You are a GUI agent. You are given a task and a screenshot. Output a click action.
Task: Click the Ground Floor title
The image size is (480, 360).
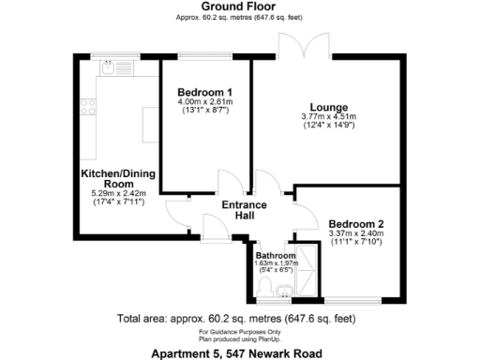coord(239,7)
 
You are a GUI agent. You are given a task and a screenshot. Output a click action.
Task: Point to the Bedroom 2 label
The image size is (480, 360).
coord(355,224)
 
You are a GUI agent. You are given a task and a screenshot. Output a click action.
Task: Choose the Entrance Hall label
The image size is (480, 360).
coord(244,211)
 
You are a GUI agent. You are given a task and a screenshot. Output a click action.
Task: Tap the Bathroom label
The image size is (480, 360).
coord(276,255)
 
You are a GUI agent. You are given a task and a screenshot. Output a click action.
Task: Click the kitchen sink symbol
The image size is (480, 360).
coord(109,67)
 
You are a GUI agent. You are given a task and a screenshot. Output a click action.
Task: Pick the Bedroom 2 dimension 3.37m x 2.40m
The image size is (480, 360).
coord(355,235)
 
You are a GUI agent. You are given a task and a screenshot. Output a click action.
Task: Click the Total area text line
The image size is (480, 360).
coord(238,317)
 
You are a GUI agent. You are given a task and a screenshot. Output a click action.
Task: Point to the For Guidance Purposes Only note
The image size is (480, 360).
coord(238,332)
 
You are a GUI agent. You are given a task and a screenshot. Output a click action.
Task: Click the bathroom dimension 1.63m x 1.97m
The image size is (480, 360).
coord(276,264)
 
